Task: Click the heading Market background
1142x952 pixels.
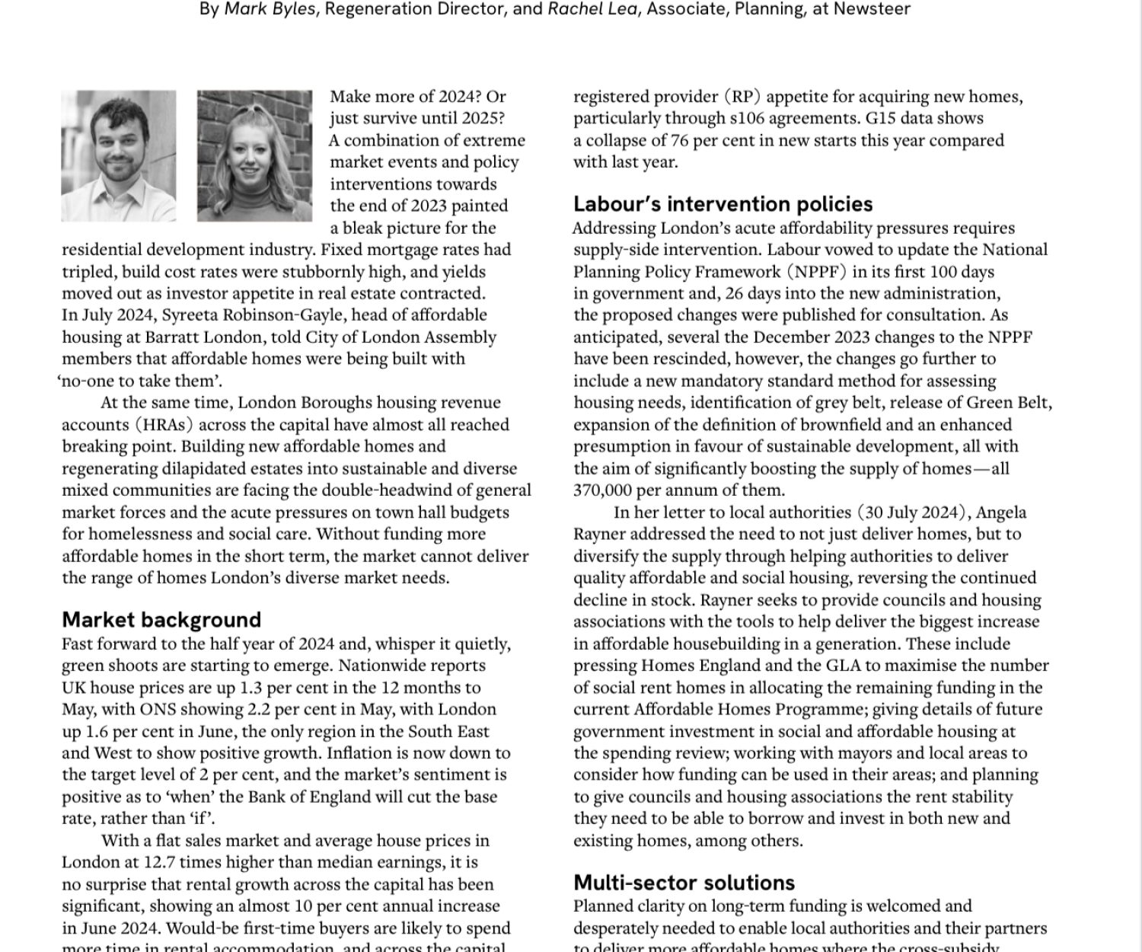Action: (x=161, y=620)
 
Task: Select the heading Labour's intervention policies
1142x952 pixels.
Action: (x=723, y=204)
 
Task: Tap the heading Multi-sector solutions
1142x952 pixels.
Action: (x=684, y=883)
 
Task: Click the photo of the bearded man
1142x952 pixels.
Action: (x=119, y=156)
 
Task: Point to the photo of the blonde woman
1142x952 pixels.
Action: (x=254, y=156)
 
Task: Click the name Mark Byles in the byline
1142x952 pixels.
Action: (x=270, y=10)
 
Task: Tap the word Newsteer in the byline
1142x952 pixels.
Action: (x=872, y=10)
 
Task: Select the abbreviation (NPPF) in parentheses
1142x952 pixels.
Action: (x=815, y=272)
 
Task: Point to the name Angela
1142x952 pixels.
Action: (x=1002, y=513)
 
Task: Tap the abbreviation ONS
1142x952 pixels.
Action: (x=158, y=710)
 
